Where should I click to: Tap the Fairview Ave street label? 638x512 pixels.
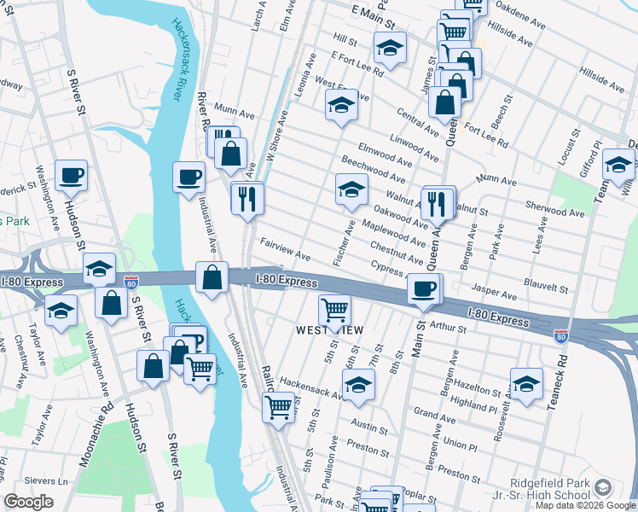tap(285, 249)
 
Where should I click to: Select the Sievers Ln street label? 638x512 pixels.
tap(49, 481)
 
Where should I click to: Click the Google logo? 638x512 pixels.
tap(29, 502)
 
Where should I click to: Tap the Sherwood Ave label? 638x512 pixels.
tap(554, 209)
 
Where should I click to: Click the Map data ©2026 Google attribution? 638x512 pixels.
tap(585, 505)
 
